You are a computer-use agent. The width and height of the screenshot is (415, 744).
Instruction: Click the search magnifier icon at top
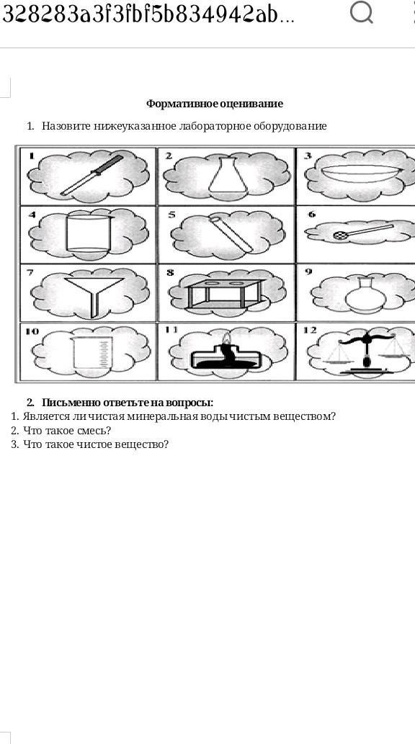(362, 13)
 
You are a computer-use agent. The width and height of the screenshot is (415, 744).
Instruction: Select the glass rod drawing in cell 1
(92, 175)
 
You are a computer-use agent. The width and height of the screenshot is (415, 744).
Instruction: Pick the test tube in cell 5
(231, 234)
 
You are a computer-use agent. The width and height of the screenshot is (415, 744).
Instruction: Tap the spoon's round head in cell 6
(341, 235)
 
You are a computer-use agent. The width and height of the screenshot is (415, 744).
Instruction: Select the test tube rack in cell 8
(223, 294)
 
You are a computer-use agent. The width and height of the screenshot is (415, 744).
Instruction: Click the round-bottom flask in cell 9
(365, 295)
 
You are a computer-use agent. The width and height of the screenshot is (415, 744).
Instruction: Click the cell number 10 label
(32, 331)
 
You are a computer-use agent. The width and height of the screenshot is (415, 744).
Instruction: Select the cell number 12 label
(310, 331)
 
